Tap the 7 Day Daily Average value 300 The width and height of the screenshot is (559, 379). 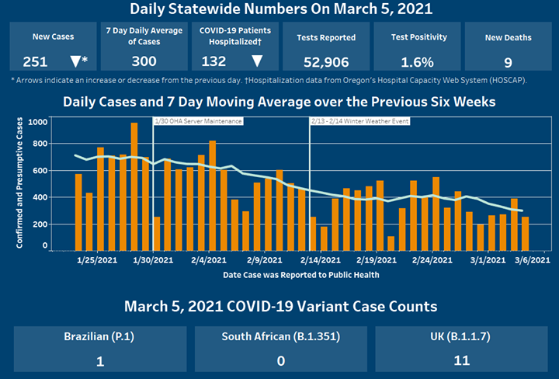144,61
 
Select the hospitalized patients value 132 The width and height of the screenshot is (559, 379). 214,61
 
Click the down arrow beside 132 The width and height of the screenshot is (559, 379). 257,61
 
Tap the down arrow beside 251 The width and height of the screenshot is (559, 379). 75,61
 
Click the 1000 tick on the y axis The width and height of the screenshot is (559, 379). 37,122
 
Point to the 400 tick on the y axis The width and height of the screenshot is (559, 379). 40,197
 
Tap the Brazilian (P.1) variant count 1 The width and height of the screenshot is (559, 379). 99,360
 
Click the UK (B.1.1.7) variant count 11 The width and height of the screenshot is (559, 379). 463,360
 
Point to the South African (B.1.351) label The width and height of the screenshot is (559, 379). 280,338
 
